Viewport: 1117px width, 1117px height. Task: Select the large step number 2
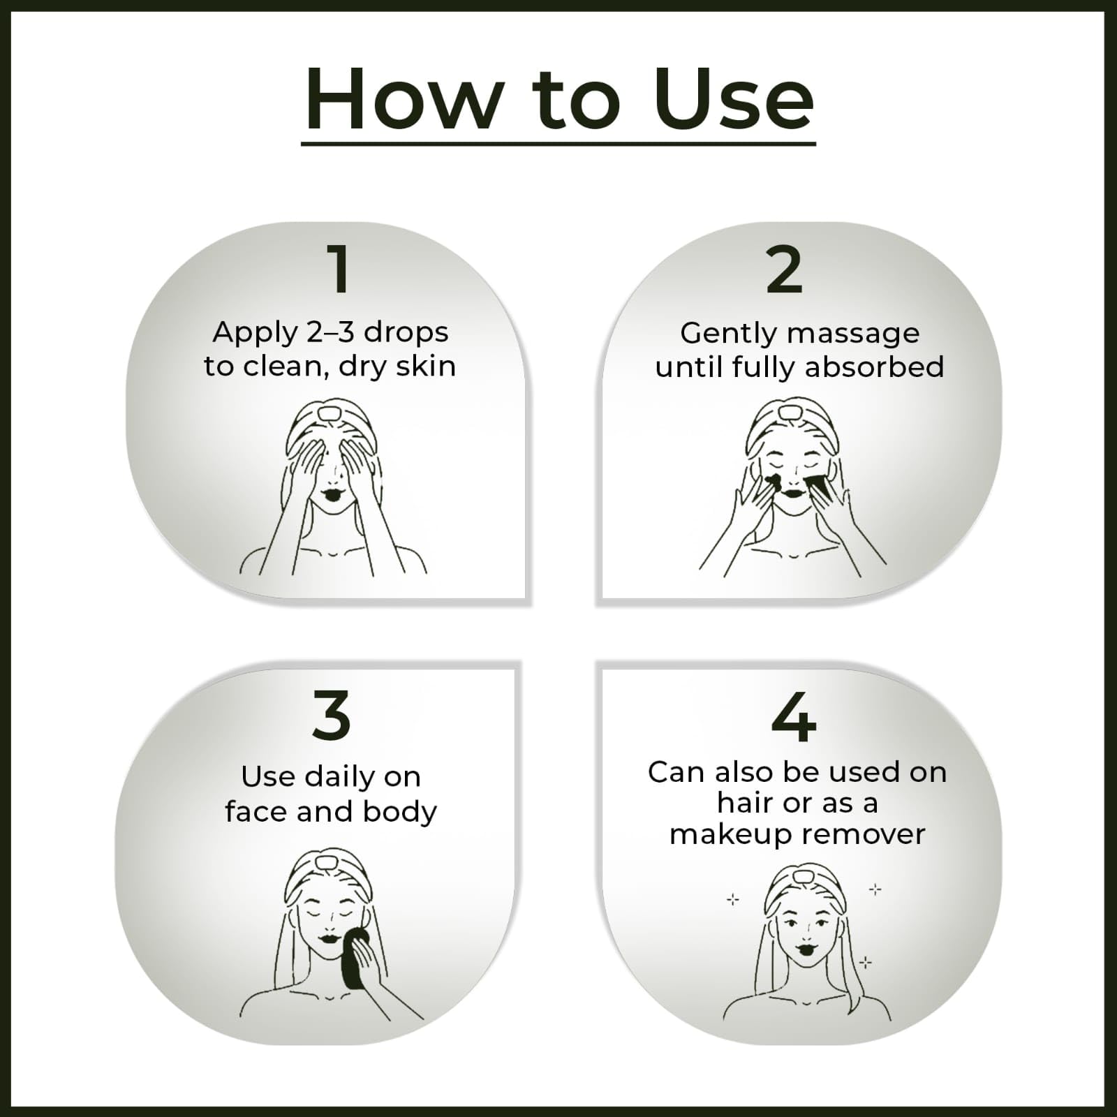784,269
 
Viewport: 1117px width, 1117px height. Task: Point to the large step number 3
331,715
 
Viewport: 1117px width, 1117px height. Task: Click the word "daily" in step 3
340,778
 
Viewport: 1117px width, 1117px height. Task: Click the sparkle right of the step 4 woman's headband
875,889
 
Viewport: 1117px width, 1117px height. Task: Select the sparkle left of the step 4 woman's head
732,900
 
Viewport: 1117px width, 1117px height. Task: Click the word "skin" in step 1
426,366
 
